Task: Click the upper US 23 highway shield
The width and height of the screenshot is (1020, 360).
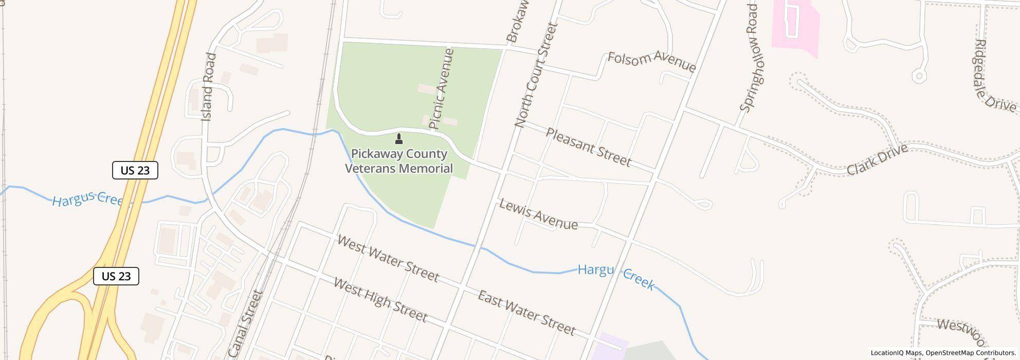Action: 135,170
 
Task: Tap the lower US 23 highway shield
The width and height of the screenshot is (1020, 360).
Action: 116,276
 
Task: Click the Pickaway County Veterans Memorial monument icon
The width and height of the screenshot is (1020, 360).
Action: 398,138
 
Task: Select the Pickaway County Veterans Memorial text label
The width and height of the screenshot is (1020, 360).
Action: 399,161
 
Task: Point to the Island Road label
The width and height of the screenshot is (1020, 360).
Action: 207,87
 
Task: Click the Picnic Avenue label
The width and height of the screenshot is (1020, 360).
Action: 442,88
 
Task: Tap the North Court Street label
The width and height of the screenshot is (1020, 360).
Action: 536,75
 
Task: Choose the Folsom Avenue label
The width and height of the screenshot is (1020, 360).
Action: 651,62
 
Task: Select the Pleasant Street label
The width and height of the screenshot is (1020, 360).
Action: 588,148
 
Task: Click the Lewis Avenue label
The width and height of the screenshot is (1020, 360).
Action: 538,215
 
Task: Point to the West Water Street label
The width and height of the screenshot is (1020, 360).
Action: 388,259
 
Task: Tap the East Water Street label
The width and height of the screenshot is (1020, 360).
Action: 526,313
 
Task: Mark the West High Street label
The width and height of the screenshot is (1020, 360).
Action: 380,300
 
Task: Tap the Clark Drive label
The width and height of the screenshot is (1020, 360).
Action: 877,159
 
